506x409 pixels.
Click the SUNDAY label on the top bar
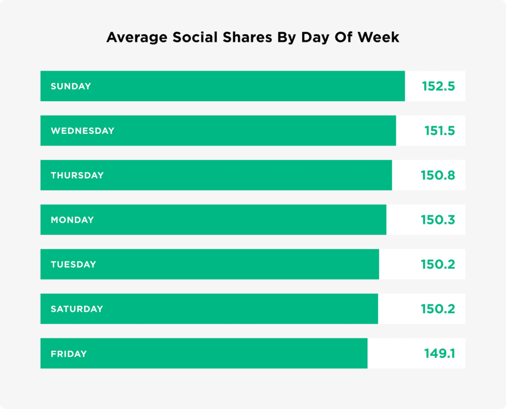pos(71,86)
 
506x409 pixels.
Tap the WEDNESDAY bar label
pos(82,131)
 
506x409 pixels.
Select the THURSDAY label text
pos(77,176)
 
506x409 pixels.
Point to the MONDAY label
pos(72,220)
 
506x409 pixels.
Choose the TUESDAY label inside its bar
pos(73,265)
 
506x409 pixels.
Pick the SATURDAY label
pos(76,309)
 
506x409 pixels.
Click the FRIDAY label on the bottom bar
pos(69,354)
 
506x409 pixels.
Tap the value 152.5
pos(438,86)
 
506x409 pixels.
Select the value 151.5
pos(439,131)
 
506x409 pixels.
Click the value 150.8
pos(437,176)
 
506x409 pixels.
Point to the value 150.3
pos(437,220)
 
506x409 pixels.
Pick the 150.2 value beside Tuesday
pos(437,265)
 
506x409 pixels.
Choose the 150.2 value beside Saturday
pos(437,309)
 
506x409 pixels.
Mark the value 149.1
pos(439,354)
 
